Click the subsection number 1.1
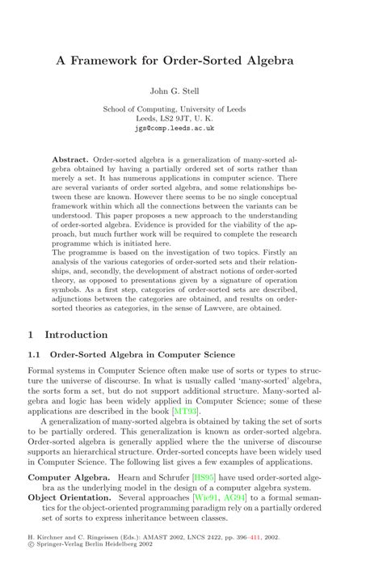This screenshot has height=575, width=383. click(36, 354)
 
